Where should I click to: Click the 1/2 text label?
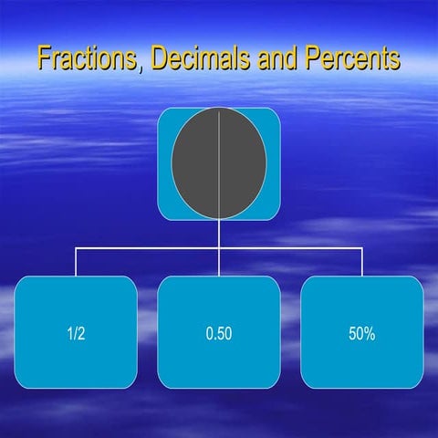tap(76, 333)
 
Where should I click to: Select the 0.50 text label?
tap(219, 333)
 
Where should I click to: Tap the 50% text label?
tap(361, 333)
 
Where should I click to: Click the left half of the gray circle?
tap(195, 165)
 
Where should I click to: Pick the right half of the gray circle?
tap(243, 165)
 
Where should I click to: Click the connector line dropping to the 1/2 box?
tap(76, 262)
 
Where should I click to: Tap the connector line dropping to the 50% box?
tap(362, 262)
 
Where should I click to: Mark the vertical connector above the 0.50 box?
tap(219, 262)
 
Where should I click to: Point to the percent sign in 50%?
tap(369, 333)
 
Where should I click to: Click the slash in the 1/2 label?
tap(76, 333)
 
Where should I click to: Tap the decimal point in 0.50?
tap(215, 338)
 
